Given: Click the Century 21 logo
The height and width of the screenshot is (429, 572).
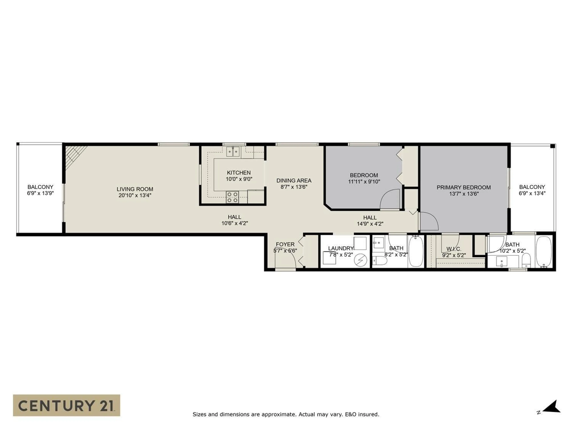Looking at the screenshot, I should tap(66, 405).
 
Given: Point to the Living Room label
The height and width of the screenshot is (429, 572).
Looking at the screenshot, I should tap(135, 189).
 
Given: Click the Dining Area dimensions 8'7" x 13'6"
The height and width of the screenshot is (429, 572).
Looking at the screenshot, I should tap(294, 187).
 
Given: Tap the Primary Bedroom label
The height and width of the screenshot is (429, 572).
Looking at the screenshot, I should tap(464, 188).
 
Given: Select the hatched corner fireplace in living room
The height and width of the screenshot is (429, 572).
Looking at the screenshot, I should tap(74, 155).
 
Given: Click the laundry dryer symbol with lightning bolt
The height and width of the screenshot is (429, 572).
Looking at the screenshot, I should tap(360, 260).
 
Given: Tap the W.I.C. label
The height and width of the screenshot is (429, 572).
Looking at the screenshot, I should tap(454, 249).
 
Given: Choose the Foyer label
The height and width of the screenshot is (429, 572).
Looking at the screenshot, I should tap(285, 244).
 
